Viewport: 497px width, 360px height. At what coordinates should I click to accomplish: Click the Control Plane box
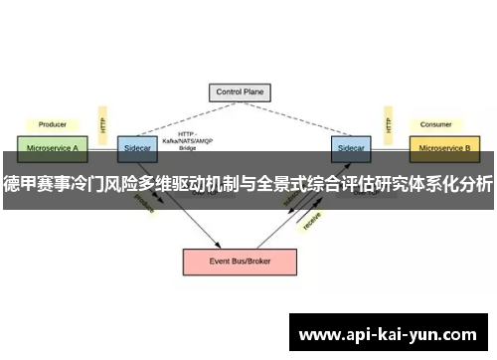click(x=241, y=92)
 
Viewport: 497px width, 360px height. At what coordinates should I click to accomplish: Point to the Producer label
click(x=52, y=125)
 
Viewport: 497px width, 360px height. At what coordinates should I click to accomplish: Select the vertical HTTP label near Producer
click(x=103, y=125)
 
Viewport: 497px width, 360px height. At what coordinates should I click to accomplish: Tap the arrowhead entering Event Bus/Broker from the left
click(x=217, y=245)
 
